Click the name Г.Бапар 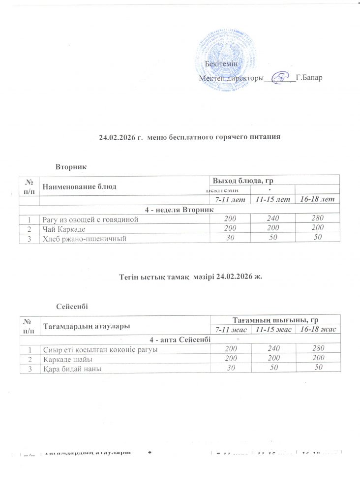coord(309,78)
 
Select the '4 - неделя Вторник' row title coord(179,209)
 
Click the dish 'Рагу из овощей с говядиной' coord(86,219)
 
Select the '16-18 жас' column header coord(317,329)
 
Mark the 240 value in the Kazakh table coord(274,349)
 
